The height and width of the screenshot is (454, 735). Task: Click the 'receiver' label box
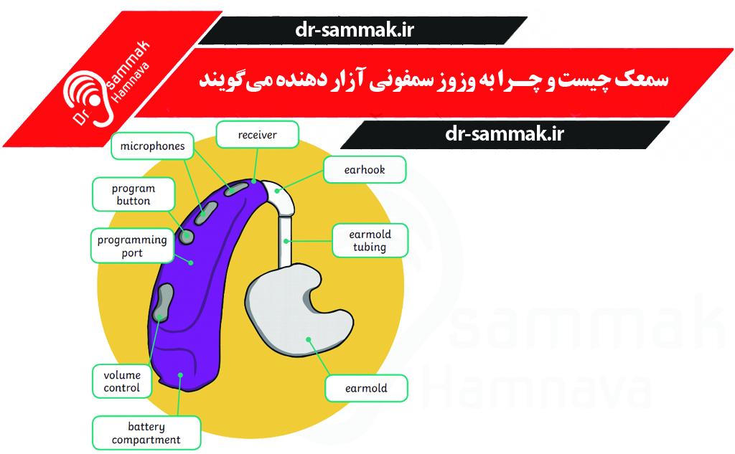pos(258,135)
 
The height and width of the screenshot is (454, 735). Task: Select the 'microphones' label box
pos(152,146)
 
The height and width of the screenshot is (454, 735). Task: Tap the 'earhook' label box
pos(365,169)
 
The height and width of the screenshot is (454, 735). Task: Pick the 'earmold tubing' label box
pos(370,241)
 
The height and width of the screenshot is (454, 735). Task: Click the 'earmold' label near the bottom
pos(366,389)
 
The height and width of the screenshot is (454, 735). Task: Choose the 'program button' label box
pos(134,194)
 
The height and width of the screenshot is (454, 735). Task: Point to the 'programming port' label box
pos(132,246)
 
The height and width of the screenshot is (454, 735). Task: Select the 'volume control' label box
pos(122,382)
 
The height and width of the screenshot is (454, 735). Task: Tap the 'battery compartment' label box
pos(146,433)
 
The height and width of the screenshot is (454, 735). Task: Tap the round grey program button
pos(187,236)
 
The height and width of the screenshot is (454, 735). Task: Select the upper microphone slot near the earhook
pos(236,189)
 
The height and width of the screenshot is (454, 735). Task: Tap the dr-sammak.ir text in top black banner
pos(355,30)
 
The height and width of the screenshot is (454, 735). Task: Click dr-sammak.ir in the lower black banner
pos(505,134)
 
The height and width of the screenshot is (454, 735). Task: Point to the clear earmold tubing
pos(285,241)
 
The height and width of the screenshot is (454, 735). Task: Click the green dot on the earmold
pos(309,339)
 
